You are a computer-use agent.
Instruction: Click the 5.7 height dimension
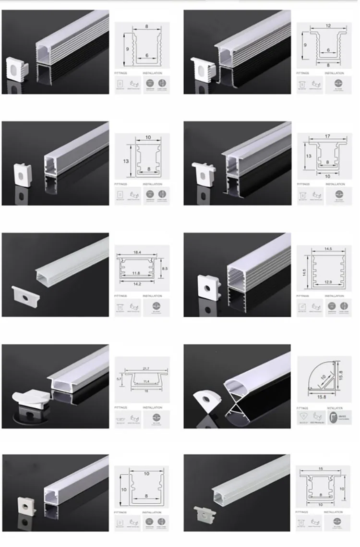(119, 379)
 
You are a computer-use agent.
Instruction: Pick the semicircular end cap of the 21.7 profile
(30, 398)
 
